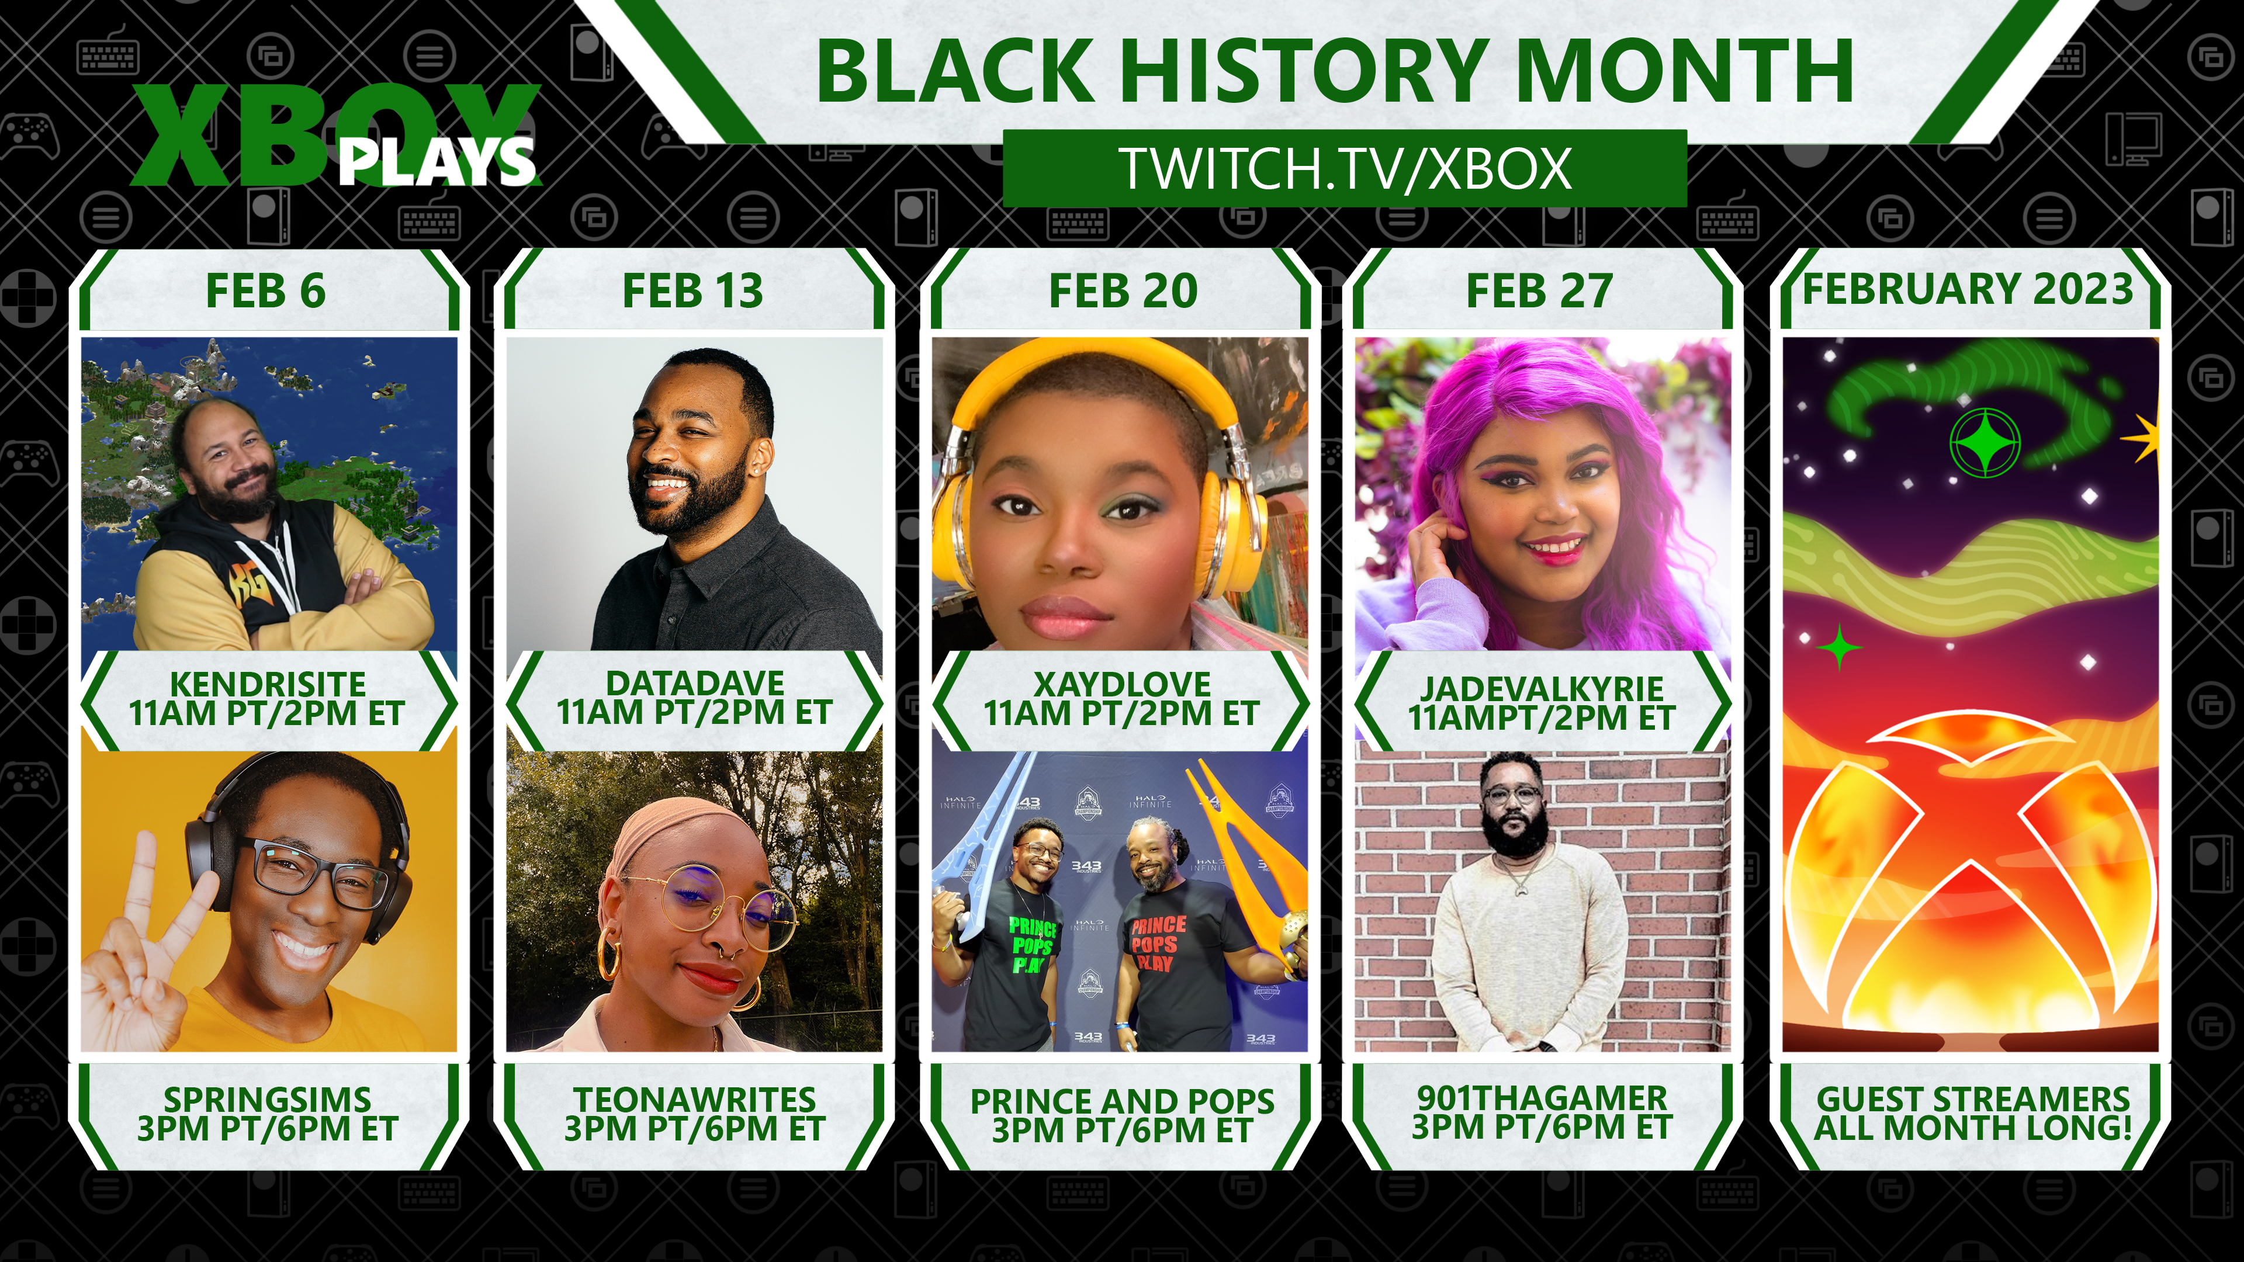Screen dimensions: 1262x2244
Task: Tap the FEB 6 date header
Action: (266, 291)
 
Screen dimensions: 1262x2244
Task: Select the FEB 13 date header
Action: (692, 291)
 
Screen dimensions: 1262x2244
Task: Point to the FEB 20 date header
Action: (1123, 291)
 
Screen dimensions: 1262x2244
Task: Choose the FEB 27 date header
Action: (1539, 291)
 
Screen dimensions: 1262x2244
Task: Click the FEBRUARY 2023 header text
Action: (1968, 289)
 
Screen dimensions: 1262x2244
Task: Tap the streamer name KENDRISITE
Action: (268, 685)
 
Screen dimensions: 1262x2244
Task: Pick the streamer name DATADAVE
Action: (694, 683)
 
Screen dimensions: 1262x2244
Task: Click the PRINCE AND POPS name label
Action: (1122, 1101)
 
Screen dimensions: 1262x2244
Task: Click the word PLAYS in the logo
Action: (435, 161)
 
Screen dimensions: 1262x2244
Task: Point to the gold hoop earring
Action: (610, 956)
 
